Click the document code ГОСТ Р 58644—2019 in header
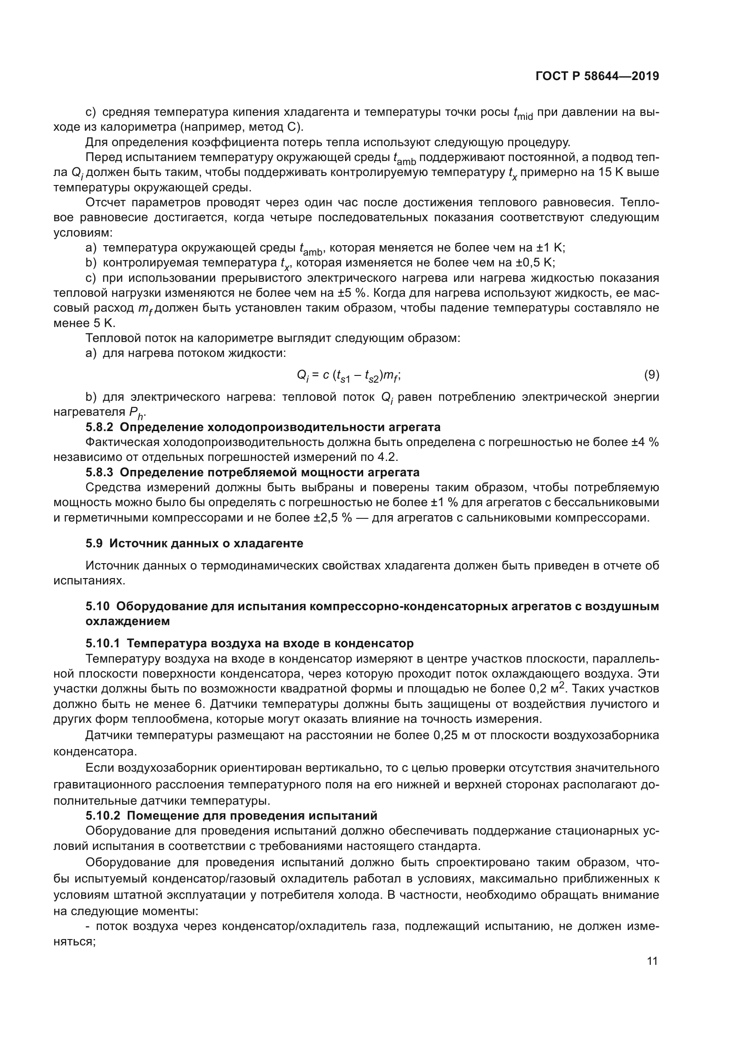pos(597,76)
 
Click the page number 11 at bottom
pos(653,961)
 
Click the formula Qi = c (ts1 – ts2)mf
pos(349,376)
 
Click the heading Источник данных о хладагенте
pos(206,543)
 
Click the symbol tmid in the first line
pos(523,114)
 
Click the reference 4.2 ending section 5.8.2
pos(389,457)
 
